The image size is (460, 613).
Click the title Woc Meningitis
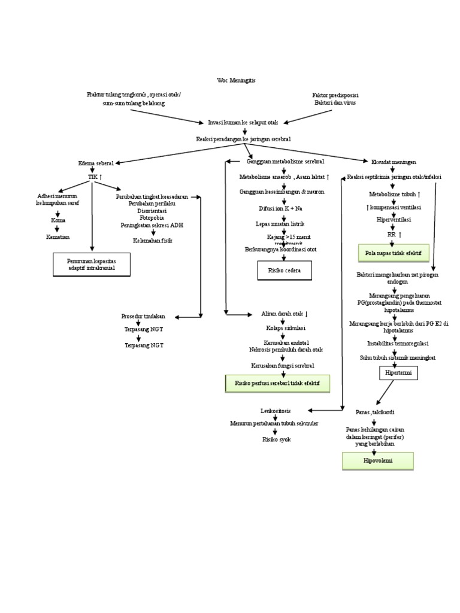[237, 80]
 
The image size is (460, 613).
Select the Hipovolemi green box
[377, 461]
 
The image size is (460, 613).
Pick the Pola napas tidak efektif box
[393, 253]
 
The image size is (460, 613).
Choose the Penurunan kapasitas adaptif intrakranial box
[91, 265]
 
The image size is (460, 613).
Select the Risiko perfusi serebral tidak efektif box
[277, 383]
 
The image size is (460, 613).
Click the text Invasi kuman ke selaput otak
[243, 122]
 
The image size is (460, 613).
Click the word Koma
[58, 220]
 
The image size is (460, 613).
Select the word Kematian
[58, 237]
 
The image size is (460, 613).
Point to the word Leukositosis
[276, 411]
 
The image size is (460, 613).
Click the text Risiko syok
[276, 439]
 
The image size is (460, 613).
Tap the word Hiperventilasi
[393, 220]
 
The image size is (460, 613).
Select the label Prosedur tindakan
[143, 316]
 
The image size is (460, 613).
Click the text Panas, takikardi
[375, 412]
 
